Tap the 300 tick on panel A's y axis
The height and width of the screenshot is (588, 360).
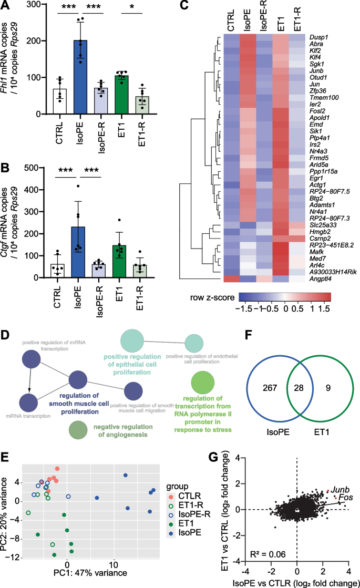pyautogui.click(x=40, y=5)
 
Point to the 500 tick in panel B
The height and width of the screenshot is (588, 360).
pyautogui.click(x=40, y=168)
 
